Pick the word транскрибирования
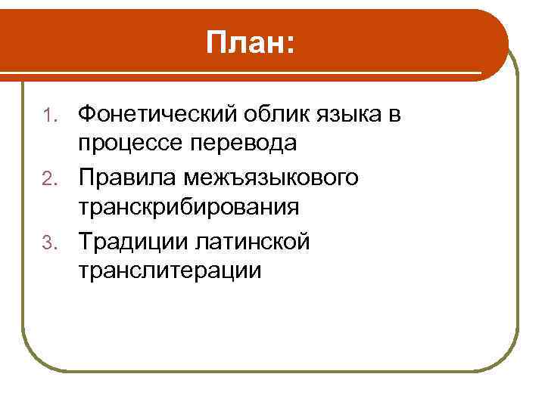(188, 207)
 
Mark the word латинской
(253, 243)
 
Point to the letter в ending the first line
(395, 116)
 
